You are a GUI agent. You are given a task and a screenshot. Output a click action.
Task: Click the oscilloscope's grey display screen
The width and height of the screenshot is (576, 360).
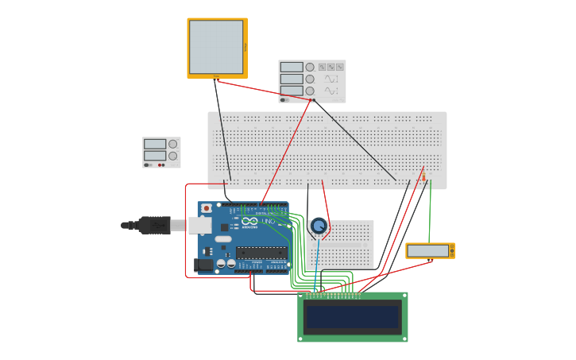(216, 47)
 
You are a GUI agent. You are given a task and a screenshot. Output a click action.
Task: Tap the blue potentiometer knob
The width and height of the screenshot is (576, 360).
(319, 226)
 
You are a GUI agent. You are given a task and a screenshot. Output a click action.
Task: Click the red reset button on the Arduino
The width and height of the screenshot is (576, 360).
(207, 209)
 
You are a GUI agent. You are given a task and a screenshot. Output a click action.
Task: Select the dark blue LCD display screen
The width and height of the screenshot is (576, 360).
(352, 317)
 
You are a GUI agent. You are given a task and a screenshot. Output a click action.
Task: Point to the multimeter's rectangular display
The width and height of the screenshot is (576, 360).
(427, 251)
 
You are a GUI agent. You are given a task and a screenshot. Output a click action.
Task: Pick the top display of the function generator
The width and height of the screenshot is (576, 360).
(292, 68)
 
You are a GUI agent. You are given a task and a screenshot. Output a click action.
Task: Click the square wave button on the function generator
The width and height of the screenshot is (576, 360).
(323, 68)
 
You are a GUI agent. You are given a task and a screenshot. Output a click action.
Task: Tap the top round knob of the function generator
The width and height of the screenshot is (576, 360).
(310, 68)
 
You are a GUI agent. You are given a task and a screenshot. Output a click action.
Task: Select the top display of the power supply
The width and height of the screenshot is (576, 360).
(154, 145)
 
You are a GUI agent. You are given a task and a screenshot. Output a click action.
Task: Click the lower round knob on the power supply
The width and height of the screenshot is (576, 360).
(172, 156)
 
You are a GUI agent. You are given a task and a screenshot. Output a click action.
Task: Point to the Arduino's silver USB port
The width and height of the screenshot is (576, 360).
(199, 226)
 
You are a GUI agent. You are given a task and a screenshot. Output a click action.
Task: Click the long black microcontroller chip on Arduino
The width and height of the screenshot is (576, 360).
(261, 253)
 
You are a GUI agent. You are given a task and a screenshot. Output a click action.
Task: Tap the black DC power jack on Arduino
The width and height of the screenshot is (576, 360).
(204, 264)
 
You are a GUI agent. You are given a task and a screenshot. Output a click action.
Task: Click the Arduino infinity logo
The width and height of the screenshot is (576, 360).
(250, 221)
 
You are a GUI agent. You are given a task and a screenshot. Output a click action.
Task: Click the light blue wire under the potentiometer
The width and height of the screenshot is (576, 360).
(317, 262)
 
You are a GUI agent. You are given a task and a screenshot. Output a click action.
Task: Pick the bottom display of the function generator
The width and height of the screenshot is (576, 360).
(292, 91)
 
